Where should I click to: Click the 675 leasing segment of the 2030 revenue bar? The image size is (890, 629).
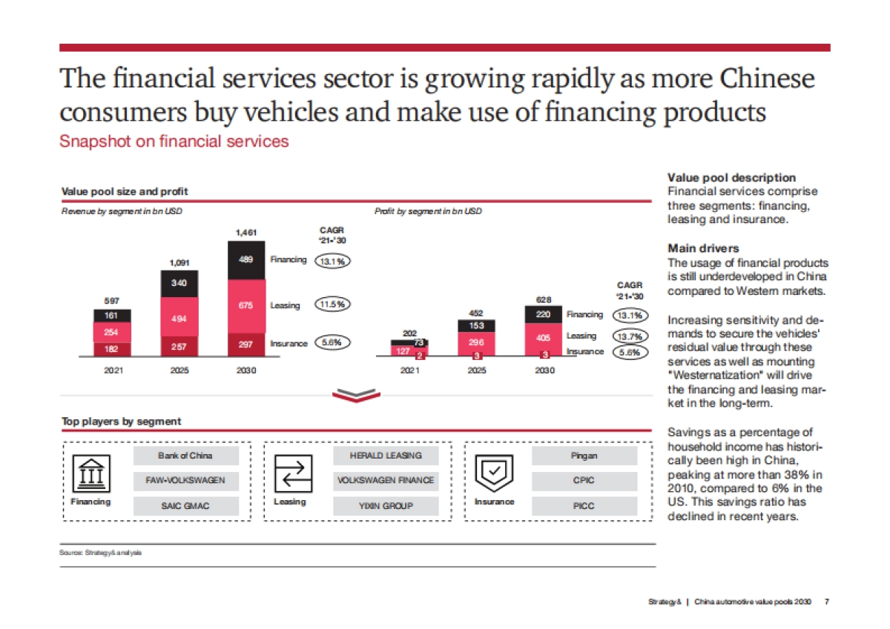(x=245, y=305)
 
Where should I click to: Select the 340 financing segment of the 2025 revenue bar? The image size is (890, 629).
(x=179, y=283)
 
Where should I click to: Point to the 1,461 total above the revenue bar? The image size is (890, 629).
(x=245, y=233)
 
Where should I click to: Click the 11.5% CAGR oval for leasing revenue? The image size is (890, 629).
(x=333, y=304)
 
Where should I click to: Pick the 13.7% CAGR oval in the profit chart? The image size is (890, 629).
(x=631, y=336)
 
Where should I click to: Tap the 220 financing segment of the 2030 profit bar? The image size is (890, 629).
(x=544, y=315)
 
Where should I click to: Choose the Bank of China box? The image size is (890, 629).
(x=186, y=456)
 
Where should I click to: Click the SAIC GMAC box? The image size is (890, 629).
(x=186, y=506)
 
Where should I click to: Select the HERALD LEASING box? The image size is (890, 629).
(x=386, y=456)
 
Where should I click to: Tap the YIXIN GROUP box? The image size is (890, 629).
(x=386, y=506)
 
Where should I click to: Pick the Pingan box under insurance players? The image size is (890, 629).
(x=584, y=456)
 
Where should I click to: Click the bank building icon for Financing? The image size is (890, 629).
(x=90, y=474)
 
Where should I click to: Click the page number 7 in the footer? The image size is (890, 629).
(x=827, y=602)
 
